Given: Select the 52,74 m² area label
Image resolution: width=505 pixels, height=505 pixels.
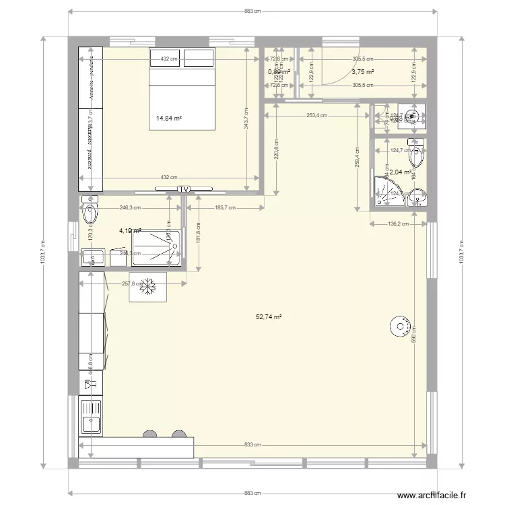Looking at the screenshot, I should click(x=269, y=316).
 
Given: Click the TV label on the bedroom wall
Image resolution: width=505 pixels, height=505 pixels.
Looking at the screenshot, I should click(x=183, y=189).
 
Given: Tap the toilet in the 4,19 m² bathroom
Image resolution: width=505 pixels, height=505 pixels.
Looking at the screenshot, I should click(x=89, y=213).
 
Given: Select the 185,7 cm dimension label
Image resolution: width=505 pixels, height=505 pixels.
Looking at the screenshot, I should click(x=226, y=208).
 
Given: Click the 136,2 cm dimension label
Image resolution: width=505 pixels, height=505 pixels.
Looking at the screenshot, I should click(x=397, y=224).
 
